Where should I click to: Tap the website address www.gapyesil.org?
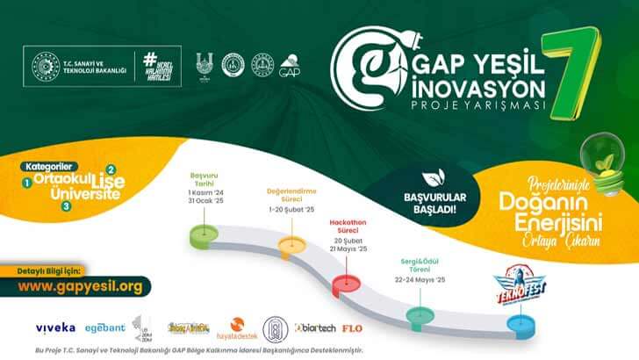click(x=80, y=286)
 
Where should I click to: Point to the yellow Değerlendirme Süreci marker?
click(x=290, y=243)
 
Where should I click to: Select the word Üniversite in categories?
click(x=80, y=193)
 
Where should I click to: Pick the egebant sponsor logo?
click(x=104, y=328)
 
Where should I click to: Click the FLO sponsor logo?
click(x=353, y=328)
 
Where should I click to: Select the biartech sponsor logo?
click(x=315, y=328)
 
